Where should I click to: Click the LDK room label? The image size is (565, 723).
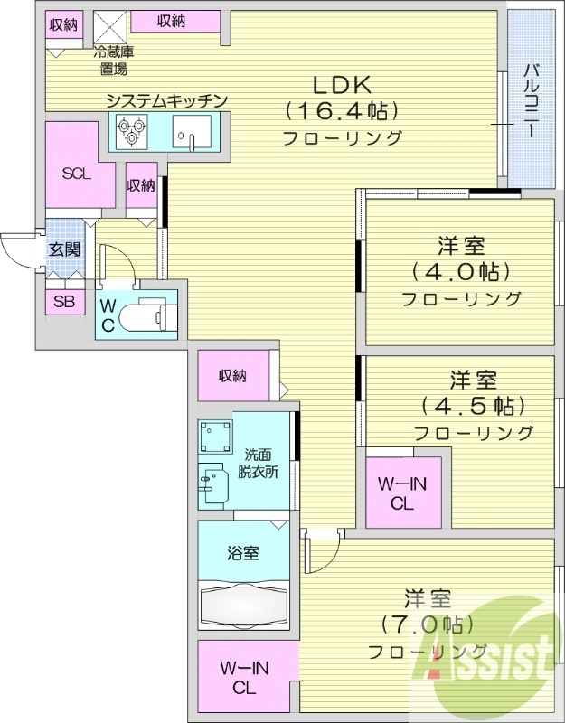point(343,85)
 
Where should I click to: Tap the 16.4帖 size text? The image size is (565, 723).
point(343,112)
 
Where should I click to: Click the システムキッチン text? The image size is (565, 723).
point(165,100)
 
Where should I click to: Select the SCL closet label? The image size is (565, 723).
point(76,174)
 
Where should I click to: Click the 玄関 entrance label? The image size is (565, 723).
point(64,249)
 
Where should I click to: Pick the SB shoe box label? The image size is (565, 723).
point(64,302)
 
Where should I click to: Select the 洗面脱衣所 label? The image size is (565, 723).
point(258,462)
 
